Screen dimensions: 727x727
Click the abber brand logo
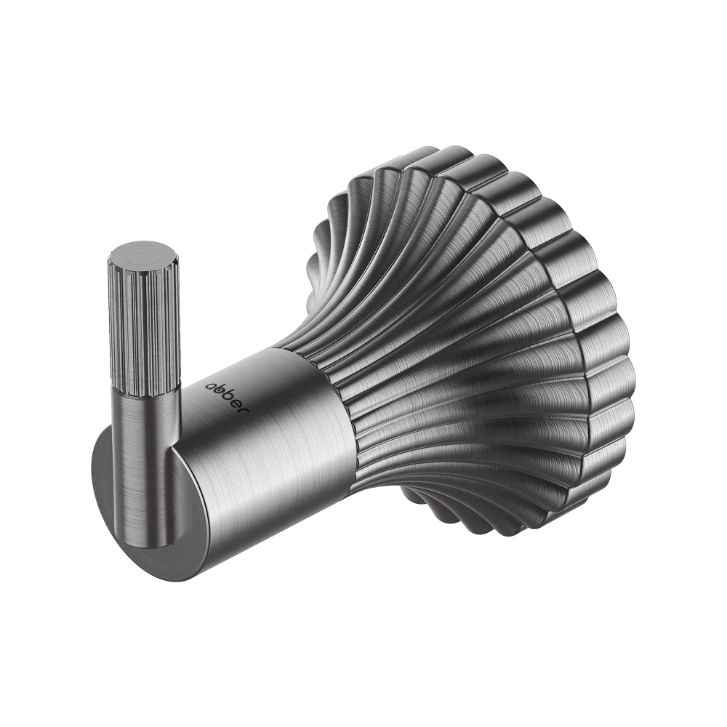228,395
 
